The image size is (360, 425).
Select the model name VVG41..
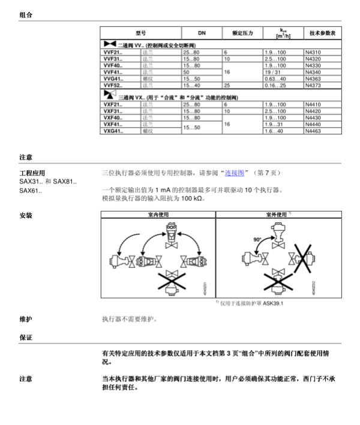113,79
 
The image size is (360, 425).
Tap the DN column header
202,33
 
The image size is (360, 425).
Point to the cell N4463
313,130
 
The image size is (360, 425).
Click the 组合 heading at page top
26,6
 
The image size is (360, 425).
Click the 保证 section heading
26,338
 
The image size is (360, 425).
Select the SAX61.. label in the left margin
31,191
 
